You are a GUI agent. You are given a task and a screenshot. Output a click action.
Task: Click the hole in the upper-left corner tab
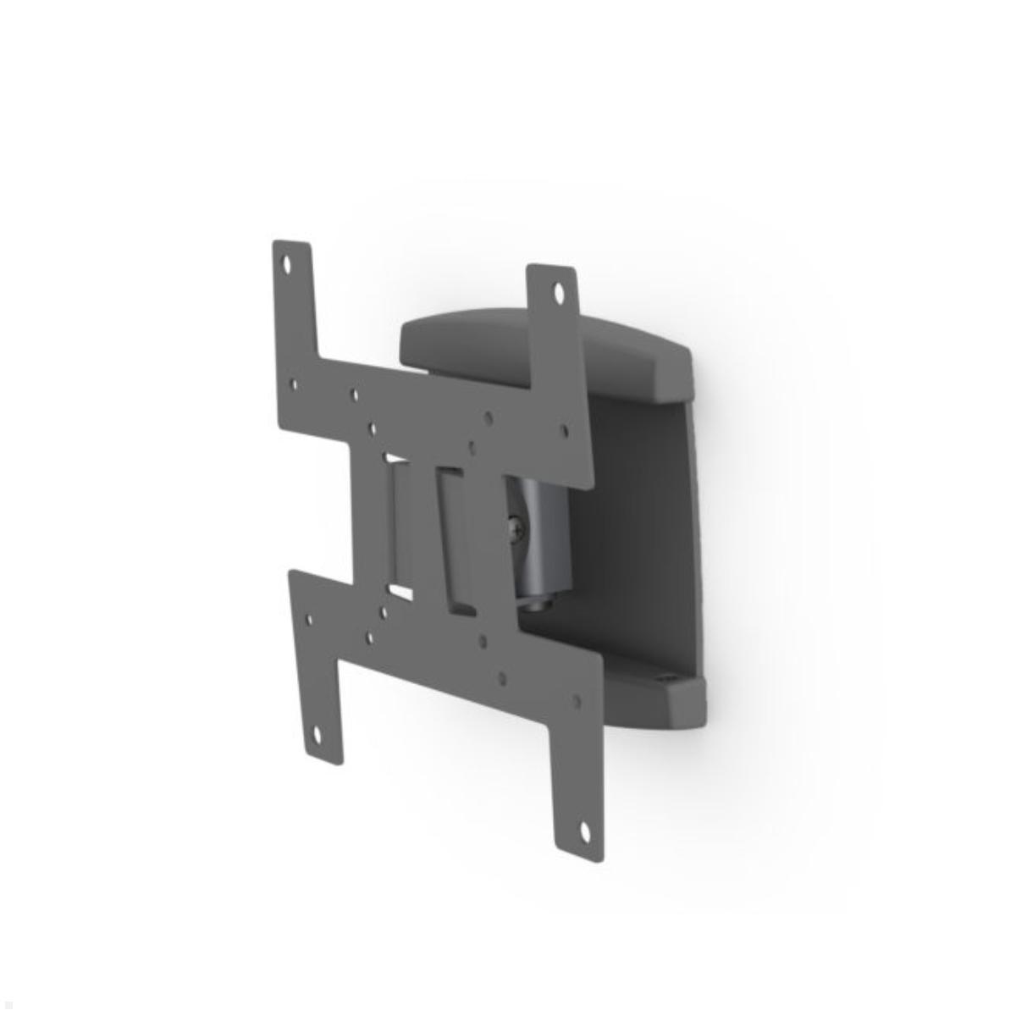[x=286, y=264]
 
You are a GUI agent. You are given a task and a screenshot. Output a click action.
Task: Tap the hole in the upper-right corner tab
[x=559, y=294]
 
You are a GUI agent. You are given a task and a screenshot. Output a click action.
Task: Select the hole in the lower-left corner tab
[x=318, y=737]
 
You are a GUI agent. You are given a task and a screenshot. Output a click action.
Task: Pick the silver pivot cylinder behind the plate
[x=542, y=542]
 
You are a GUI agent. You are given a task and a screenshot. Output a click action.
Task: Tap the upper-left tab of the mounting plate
[x=292, y=296]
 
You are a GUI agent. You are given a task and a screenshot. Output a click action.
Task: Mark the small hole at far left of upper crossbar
[x=294, y=384]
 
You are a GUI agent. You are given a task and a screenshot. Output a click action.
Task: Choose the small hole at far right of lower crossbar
[x=577, y=701]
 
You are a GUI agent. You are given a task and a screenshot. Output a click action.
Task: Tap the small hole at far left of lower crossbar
[x=309, y=620]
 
